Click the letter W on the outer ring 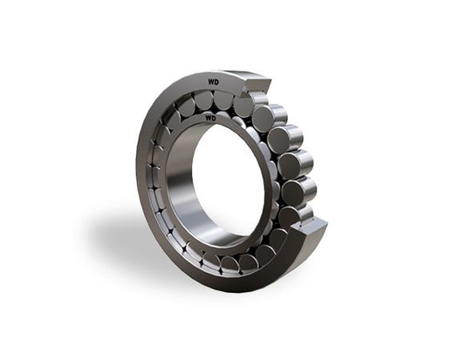click(210, 82)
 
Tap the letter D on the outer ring click(216, 82)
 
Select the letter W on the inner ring click(208, 119)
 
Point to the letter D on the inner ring click(213, 119)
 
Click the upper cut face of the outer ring click(256, 85)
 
